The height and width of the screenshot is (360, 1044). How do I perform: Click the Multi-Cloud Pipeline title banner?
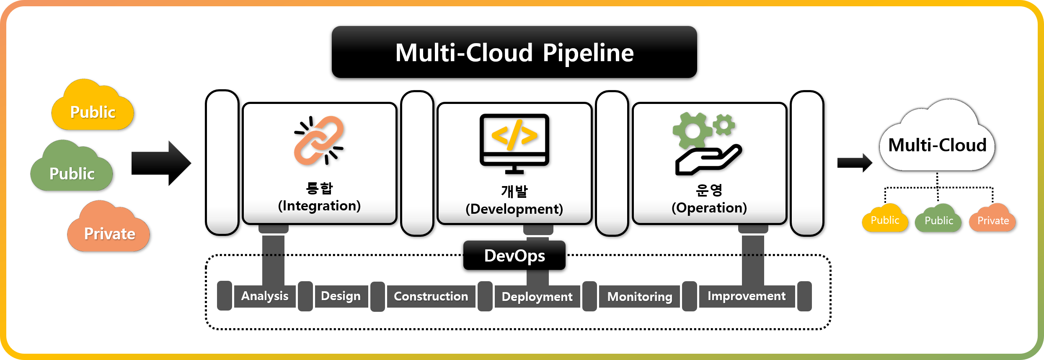514,52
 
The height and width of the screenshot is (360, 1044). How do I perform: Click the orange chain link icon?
319,141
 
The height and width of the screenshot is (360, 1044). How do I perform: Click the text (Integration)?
319,206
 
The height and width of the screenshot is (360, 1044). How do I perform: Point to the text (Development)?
514,209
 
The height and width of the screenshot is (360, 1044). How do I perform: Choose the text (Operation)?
709,208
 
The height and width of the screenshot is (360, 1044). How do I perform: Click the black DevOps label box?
514,255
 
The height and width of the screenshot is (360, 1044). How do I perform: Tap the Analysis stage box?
265,296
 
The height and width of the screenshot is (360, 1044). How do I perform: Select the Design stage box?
341,296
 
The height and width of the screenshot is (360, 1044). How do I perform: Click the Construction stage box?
431,296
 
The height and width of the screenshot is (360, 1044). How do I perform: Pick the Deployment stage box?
537,297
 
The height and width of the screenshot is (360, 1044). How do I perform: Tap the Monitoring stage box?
639,297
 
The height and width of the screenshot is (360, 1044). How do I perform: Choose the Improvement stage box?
746,296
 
